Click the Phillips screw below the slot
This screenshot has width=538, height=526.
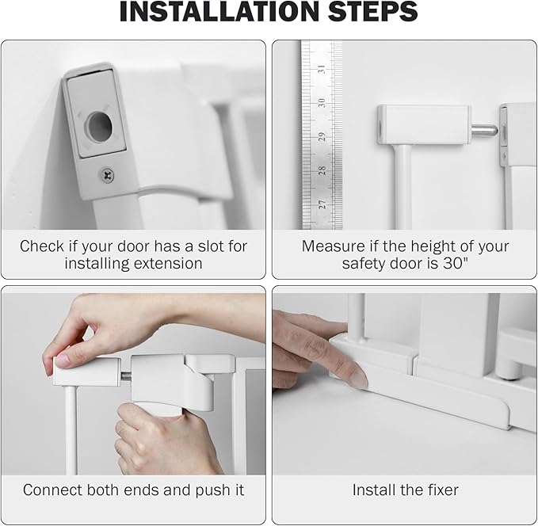tap(106, 173)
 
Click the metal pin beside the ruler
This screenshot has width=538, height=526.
tap(485, 129)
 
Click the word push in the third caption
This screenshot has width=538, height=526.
tap(209, 490)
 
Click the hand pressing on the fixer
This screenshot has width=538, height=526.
tap(313, 349)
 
